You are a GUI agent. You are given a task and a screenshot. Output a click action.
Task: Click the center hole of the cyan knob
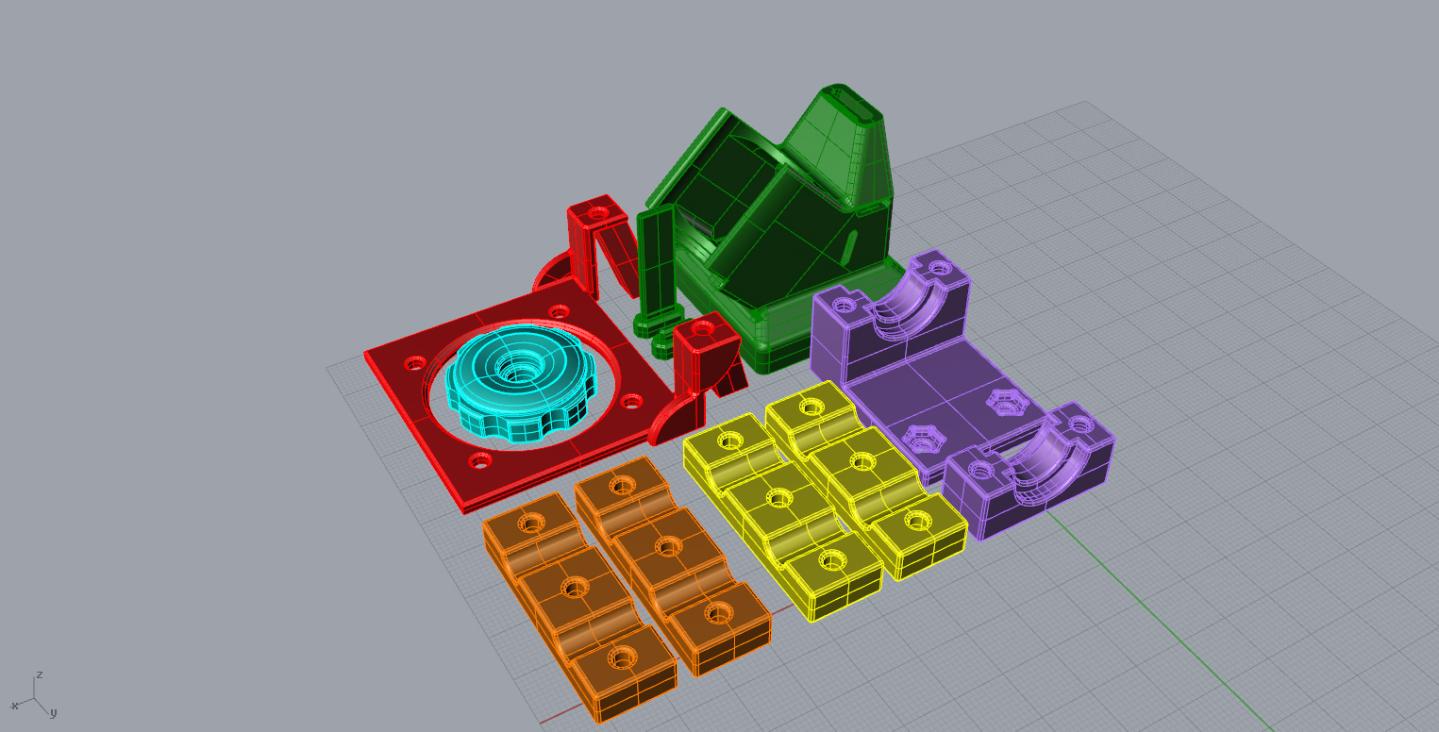[519, 371]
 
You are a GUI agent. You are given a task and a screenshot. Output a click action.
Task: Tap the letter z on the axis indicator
[40, 674]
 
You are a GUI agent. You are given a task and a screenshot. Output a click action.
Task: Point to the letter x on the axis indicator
[14, 706]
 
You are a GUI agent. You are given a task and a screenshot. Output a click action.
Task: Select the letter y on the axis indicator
[54, 713]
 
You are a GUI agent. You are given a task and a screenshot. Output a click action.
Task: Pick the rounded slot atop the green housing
[857, 105]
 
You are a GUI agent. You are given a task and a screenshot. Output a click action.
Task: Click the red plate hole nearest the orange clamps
[480, 460]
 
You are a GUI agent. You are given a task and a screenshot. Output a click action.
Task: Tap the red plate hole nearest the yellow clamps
[631, 402]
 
